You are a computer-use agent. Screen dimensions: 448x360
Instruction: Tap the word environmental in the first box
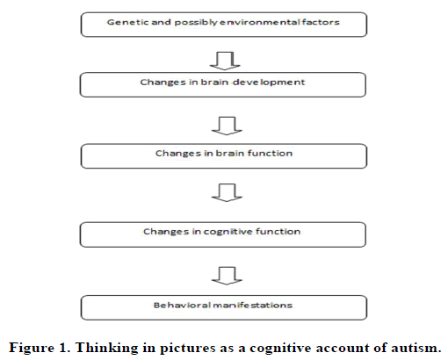coord(259,22)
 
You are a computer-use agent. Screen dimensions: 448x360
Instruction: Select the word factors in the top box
coord(321,22)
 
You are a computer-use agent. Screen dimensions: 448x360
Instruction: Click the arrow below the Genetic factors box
coord(225,61)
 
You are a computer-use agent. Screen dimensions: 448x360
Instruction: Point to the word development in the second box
coord(269,83)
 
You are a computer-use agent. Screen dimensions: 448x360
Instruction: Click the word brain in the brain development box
coord(214,83)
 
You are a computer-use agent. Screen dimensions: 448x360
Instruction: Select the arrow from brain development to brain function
coord(227,126)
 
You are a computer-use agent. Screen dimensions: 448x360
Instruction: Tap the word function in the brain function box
coord(270,154)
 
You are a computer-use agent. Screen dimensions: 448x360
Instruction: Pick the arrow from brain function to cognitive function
coord(227,192)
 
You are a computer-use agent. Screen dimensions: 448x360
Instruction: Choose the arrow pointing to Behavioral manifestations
coord(227,276)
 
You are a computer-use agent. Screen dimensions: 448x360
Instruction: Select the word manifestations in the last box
coord(252,306)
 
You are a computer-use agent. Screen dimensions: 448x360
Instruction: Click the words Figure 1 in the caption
coord(39,348)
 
